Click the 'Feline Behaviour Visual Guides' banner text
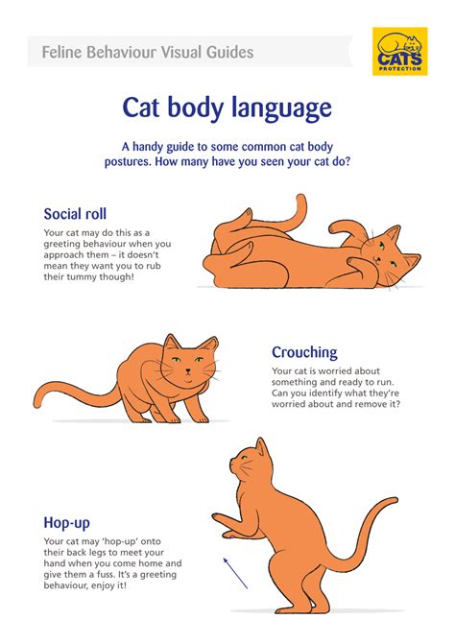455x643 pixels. [x=148, y=51]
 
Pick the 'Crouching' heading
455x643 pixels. [x=304, y=353]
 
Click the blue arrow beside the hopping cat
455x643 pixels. [x=235, y=573]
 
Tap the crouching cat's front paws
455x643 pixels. [x=197, y=415]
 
